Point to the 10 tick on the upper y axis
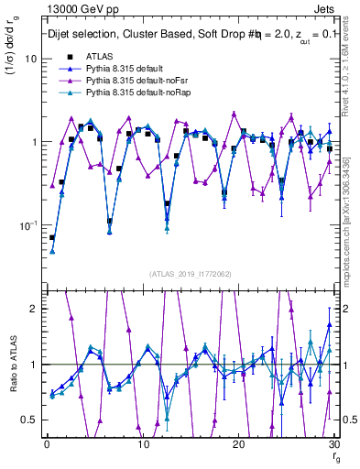point(29,59)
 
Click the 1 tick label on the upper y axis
point(32,142)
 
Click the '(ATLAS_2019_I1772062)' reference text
point(190,273)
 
